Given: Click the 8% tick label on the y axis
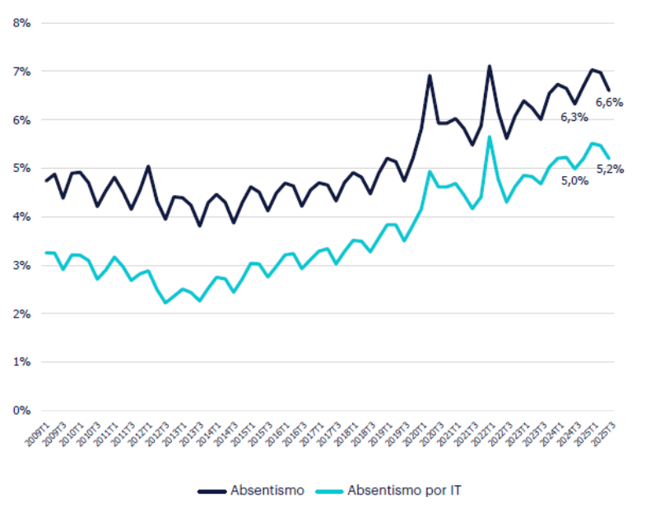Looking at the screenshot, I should tap(21, 23).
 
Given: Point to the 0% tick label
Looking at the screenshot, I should tap(21, 410).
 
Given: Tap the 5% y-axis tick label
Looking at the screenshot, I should tap(21, 169).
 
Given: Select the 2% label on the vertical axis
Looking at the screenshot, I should tap(21, 314).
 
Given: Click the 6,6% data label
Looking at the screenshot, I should tap(609, 103).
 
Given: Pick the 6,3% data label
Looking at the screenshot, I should tap(574, 118).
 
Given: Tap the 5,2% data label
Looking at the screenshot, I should tap(610, 170).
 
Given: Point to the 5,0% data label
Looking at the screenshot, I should tap(574, 180).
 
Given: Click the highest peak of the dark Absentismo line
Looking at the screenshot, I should tap(489, 66).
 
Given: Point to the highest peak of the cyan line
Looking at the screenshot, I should tap(489, 137).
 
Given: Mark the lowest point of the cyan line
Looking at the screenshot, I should tap(166, 303).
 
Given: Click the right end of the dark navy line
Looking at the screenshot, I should tap(608, 90).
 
